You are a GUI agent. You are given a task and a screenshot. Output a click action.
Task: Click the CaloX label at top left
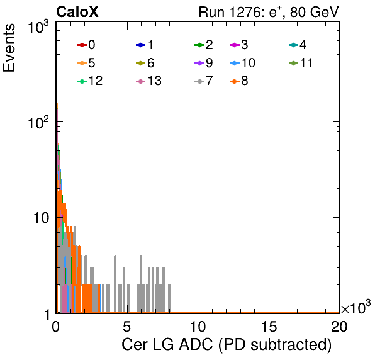pyautogui.click(x=77, y=12)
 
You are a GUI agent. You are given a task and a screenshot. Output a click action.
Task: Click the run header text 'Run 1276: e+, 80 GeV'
pyautogui.click(x=269, y=12)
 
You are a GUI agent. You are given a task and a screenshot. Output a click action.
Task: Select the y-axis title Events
pyautogui.click(x=9, y=48)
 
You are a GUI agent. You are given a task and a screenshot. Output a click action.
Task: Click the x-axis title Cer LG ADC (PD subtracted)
pyautogui.click(x=227, y=344)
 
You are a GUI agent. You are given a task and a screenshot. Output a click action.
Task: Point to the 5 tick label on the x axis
pyautogui.click(x=126, y=326)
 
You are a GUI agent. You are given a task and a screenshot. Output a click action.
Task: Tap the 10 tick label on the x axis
pyautogui.click(x=198, y=326)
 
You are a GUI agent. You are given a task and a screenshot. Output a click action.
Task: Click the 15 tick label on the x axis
pyautogui.click(x=269, y=326)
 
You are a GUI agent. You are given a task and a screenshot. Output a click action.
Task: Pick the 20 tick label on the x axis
pyautogui.click(x=339, y=326)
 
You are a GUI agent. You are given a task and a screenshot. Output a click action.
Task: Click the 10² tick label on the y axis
pyautogui.click(x=38, y=122)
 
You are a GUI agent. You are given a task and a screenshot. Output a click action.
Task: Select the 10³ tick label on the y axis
pyautogui.click(x=38, y=26)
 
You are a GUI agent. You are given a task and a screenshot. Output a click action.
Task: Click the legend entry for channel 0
pyautogui.click(x=86, y=45)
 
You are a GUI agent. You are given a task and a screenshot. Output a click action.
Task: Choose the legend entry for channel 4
pyautogui.click(x=298, y=45)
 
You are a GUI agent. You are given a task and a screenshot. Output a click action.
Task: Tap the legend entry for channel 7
pyautogui.click(x=204, y=81)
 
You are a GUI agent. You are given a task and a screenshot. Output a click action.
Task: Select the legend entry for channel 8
pyautogui.click(x=239, y=81)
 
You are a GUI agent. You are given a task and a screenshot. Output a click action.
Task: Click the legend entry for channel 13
pyautogui.click(x=148, y=81)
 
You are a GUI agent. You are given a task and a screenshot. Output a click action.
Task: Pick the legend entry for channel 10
pyautogui.click(x=242, y=63)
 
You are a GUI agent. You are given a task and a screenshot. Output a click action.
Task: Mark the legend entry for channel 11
pyautogui.click(x=301, y=63)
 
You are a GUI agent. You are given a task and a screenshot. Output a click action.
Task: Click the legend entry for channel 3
pyautogui.click(x=239, y=45)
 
